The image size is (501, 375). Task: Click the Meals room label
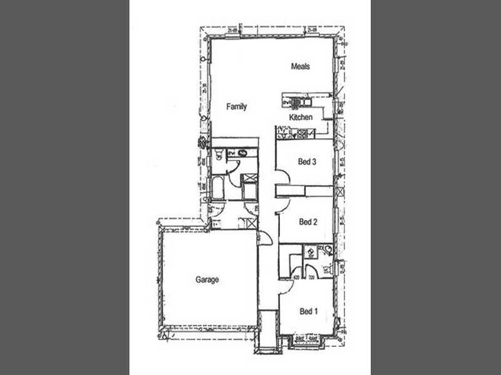click(x=301, y=66)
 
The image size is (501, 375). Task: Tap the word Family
click(x=237, y=107)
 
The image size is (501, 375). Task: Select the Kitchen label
click(x=300, y=117)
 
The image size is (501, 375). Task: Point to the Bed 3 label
click(x=306, y=162)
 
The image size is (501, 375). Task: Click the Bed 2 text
click(x=307, y=222)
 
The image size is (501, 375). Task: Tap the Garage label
click(x=207, y=280)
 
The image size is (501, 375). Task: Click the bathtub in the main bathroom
click(x=218, y=187)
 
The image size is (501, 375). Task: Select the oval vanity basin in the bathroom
click(x=241, y=152)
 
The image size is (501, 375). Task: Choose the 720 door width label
click(x=311, y=277)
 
